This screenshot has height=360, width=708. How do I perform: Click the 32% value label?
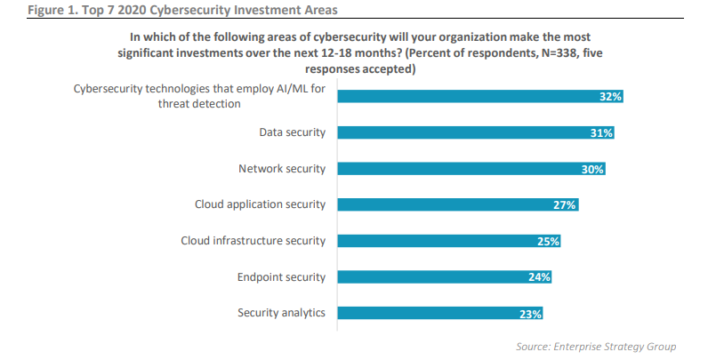(x=609, y=97)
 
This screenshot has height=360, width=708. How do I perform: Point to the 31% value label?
(x=601, y=132)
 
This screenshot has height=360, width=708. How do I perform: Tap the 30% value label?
(x=592, y=169)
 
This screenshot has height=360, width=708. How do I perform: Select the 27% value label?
(x=566, y=204)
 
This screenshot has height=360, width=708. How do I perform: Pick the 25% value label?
(x=548, y=241)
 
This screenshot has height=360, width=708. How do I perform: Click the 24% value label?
(x=539, y=276)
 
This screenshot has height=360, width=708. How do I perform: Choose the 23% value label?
(x=530, y=313)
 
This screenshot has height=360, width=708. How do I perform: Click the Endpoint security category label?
(x=280, y=276)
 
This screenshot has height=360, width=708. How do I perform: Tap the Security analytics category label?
(x=281, y=312)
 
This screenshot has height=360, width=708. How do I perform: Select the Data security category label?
(x=292, y=132)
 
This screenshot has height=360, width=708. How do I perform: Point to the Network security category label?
(x=282, y=168)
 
